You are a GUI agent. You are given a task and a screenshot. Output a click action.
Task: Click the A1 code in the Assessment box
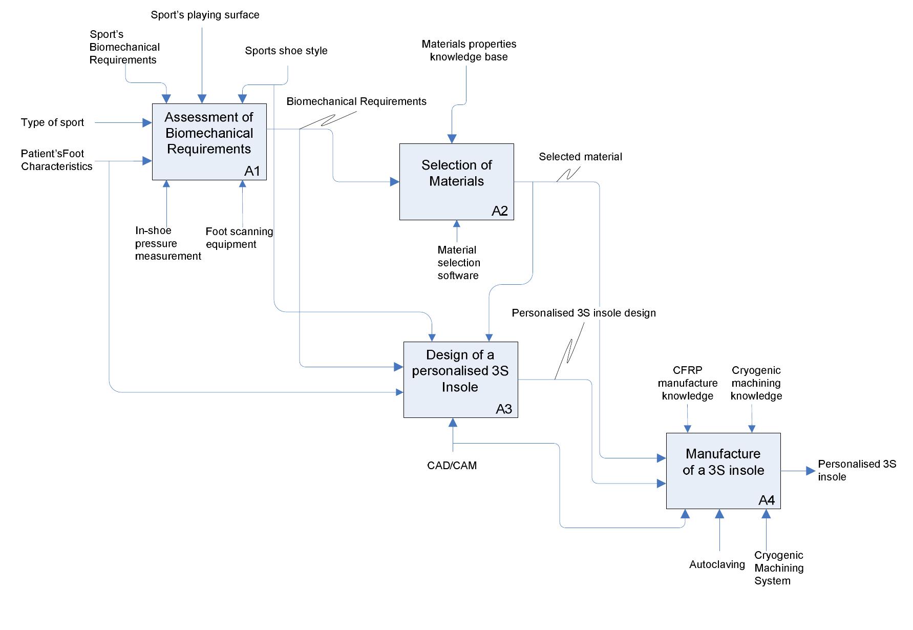252,171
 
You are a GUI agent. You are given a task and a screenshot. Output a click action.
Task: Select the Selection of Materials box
456,181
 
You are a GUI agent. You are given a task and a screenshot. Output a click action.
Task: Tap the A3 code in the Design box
504,409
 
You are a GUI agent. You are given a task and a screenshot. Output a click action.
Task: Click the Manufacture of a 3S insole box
723,470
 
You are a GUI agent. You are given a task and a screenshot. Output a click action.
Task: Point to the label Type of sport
52,122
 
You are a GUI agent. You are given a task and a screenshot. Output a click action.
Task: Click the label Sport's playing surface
205,15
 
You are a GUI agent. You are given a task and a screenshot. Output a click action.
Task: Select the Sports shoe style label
286,51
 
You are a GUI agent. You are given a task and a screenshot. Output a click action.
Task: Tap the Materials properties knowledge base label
469,50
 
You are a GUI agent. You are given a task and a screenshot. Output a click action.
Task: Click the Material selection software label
458,263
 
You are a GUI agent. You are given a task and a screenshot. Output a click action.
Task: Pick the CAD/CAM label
452,466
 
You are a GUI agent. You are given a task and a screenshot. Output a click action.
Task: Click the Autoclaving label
717,564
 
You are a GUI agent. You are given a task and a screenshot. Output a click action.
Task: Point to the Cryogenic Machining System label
778,568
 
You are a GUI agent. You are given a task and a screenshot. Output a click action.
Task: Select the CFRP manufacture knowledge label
687,383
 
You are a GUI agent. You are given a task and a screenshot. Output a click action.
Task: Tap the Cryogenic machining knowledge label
756,383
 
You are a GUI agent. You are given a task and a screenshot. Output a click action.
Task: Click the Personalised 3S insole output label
856,470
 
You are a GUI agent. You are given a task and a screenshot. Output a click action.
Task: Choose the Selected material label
580,157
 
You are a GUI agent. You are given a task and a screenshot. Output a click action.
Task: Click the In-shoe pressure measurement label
167,243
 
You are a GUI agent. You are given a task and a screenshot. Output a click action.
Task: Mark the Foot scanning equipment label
239,238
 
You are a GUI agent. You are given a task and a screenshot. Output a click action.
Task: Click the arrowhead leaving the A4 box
810,471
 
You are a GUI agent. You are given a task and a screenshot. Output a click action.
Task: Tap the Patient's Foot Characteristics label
56,160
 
